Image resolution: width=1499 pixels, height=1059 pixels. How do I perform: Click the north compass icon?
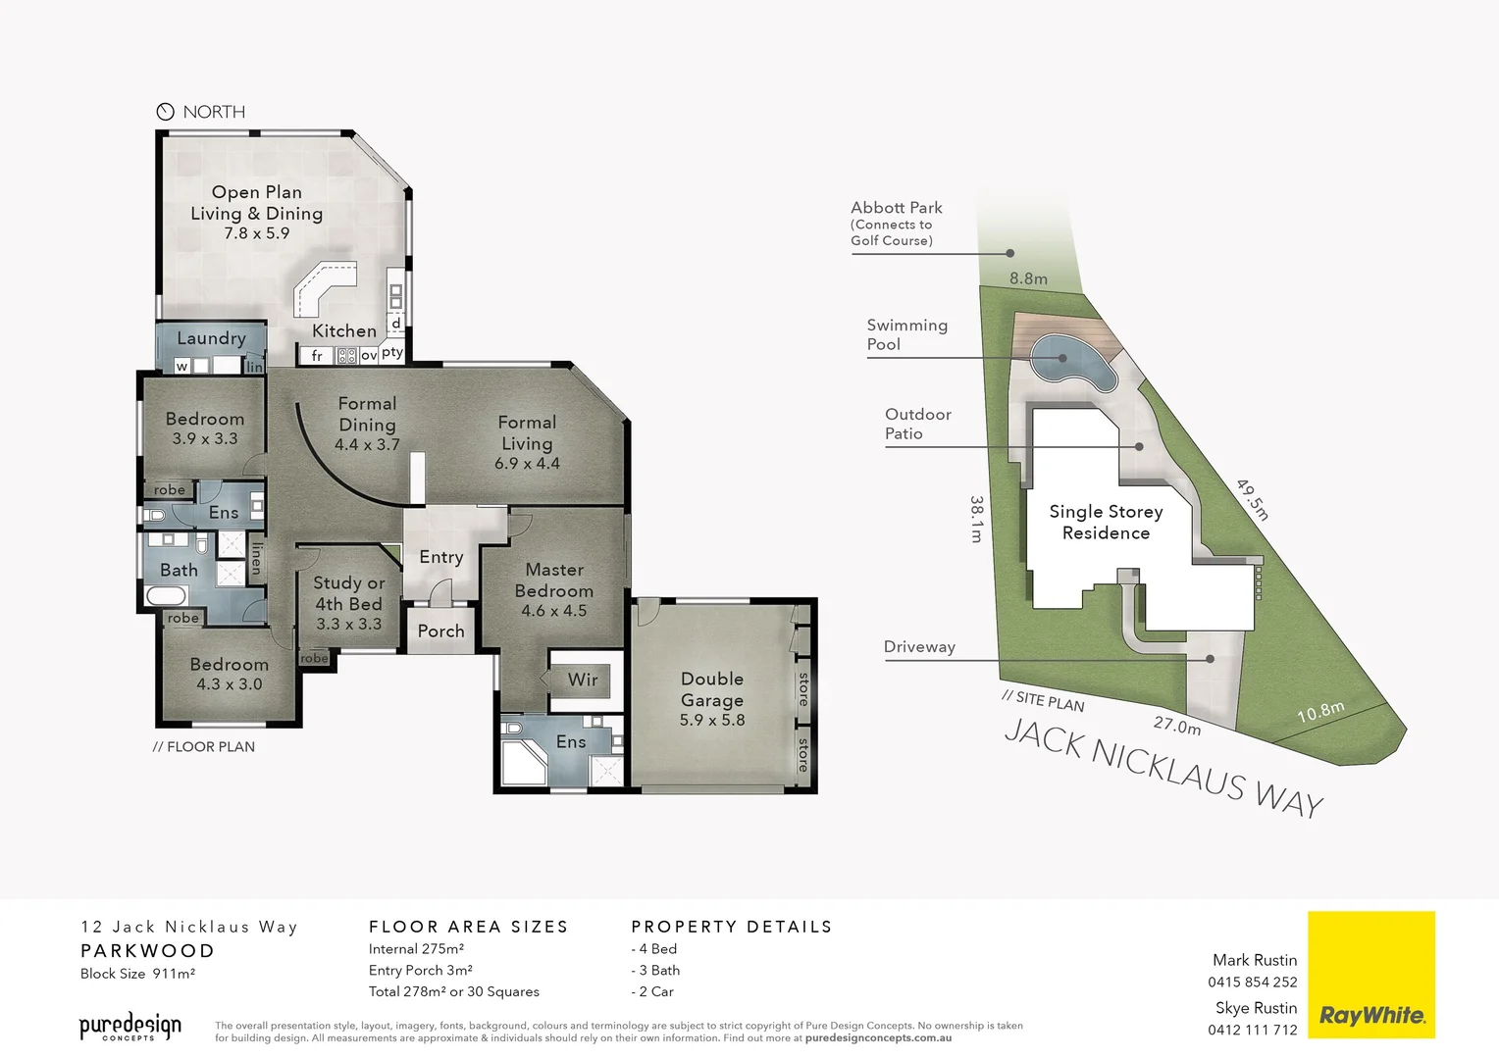165,112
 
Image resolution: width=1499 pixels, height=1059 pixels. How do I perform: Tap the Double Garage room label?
712,689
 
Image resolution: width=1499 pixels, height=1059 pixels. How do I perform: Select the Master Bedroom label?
554,580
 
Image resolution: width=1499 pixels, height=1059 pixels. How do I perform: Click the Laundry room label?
211,338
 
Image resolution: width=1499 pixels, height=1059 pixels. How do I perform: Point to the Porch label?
440,631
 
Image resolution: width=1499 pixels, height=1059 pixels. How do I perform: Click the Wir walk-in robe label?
582,680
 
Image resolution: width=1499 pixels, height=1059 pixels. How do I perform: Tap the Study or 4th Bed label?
348,593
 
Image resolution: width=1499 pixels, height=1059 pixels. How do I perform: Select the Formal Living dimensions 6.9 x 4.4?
527,464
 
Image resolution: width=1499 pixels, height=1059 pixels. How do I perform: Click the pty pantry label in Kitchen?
392,352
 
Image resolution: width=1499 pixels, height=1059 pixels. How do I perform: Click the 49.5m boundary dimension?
1252,499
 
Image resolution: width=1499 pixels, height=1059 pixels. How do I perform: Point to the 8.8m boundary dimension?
1028,278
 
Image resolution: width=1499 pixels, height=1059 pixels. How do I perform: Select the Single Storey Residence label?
1106,522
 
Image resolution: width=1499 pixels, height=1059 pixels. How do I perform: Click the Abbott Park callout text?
896,208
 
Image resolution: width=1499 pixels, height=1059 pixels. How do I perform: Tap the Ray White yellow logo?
1370,975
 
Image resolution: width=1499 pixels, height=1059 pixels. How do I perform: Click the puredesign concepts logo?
130,1027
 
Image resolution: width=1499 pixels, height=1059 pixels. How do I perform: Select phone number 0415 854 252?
1252,982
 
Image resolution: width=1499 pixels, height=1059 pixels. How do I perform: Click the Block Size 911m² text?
137,974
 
